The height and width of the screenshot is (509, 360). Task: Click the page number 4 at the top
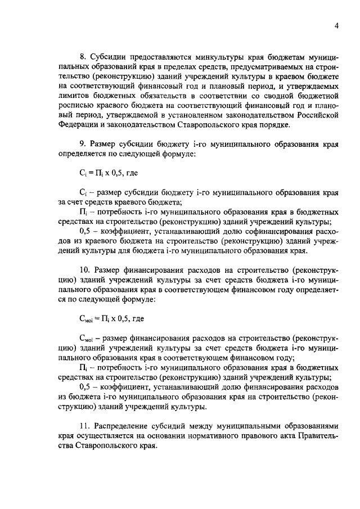click(336, 26)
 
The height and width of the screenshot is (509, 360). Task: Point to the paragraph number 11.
click(84, 426)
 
